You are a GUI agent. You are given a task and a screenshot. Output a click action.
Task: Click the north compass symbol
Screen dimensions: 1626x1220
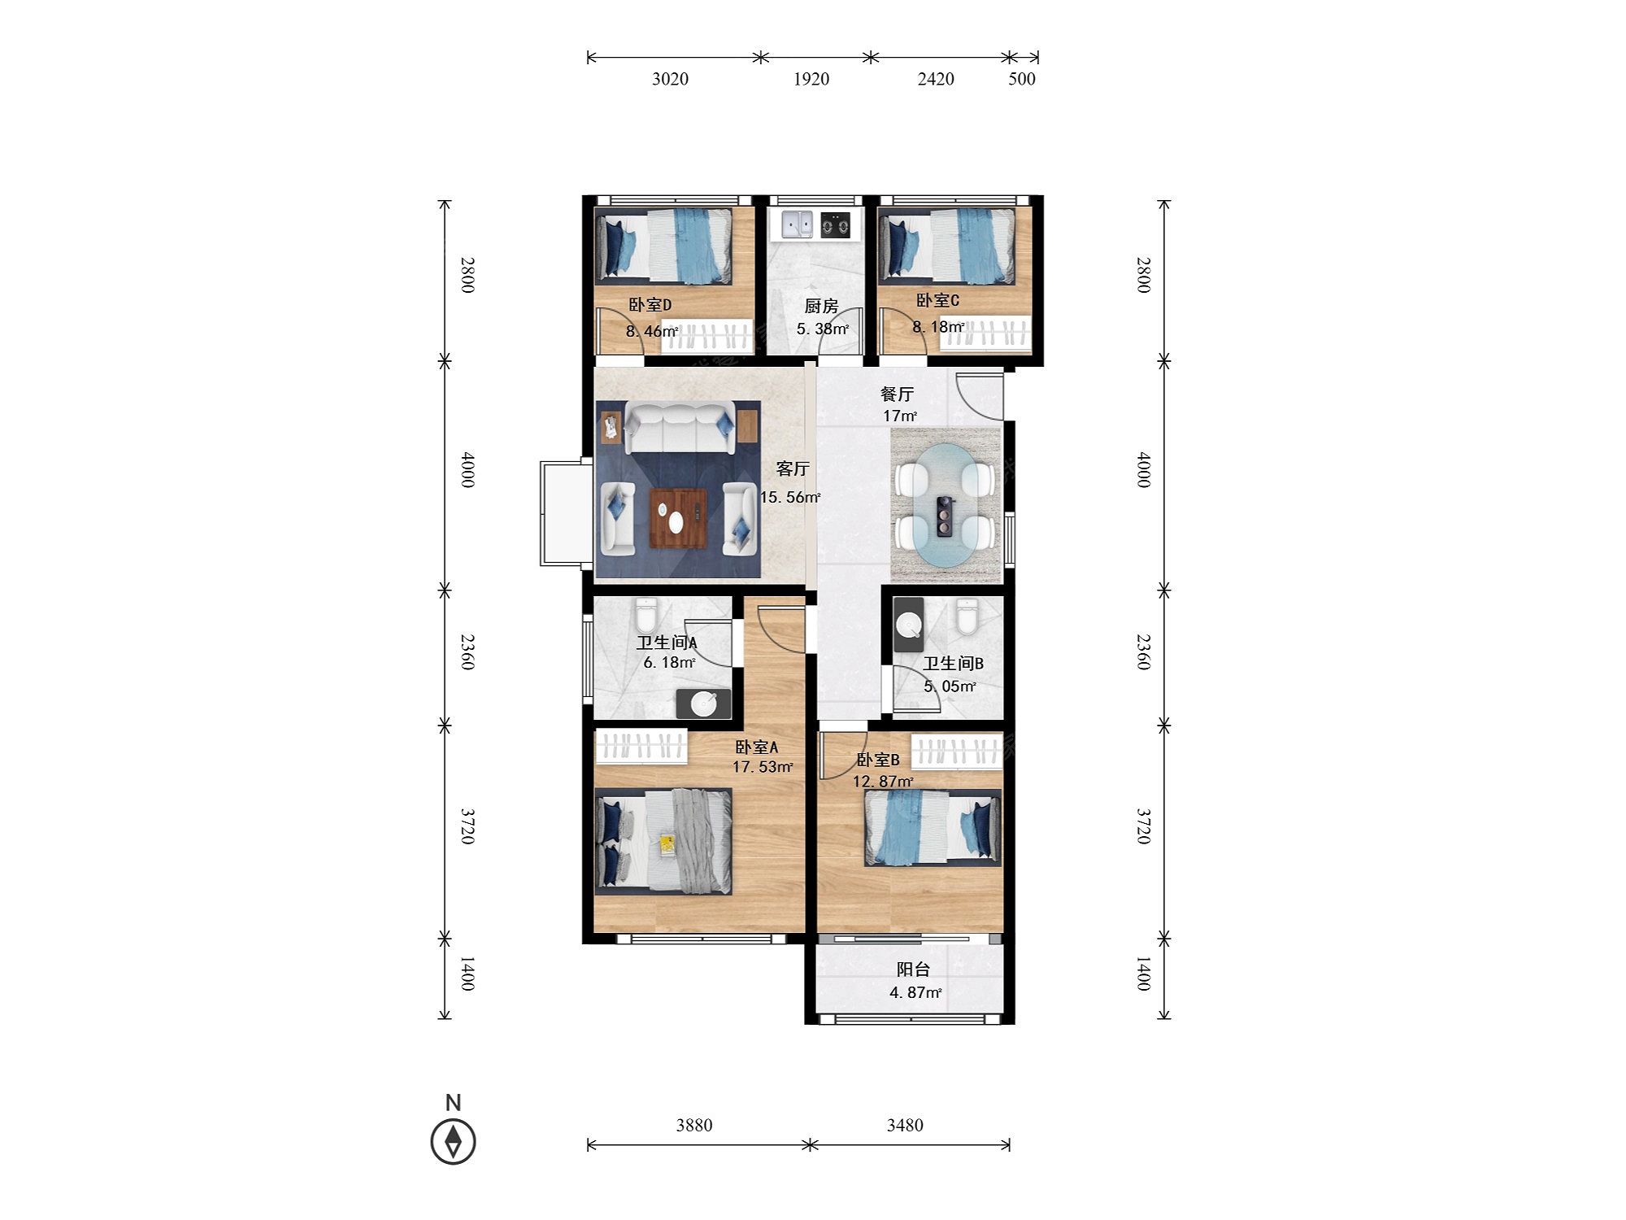[453, 1141]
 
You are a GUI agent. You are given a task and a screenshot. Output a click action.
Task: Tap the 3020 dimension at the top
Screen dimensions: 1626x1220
[670, 79]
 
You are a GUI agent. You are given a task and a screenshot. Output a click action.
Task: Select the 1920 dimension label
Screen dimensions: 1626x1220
[811, 79]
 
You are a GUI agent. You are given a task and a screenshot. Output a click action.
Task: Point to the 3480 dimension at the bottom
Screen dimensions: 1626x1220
[905, 1125]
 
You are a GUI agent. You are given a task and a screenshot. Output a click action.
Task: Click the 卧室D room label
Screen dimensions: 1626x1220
[650, 305]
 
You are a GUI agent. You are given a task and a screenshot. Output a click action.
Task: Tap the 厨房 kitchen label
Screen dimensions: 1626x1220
[821, 306]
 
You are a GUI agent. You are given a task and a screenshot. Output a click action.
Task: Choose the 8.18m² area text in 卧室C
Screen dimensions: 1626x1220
[938, 327]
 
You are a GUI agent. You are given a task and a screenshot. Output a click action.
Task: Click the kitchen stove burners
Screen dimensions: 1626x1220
[835, 224]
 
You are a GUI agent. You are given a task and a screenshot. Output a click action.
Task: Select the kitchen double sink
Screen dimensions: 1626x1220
[797, 224]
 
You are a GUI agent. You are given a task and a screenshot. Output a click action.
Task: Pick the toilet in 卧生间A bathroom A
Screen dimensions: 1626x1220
[646, 616]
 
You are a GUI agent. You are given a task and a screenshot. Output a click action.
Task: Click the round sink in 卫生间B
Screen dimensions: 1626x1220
[908, 624]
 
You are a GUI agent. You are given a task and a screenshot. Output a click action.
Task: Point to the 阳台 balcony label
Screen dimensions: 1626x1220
[913, 969]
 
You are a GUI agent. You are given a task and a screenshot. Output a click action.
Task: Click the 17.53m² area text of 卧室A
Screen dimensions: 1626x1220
[763, 767]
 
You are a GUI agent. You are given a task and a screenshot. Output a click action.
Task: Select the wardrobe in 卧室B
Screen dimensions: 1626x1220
[956, 752]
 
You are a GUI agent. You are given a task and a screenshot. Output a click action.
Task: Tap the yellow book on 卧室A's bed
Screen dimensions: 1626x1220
[667, 845]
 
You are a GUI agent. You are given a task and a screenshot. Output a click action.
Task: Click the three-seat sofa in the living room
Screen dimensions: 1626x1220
[680, 428]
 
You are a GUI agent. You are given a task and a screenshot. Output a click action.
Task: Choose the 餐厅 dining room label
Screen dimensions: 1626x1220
[898, 394]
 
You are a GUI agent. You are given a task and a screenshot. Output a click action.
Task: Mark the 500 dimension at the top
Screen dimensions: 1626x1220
[1022, 79]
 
